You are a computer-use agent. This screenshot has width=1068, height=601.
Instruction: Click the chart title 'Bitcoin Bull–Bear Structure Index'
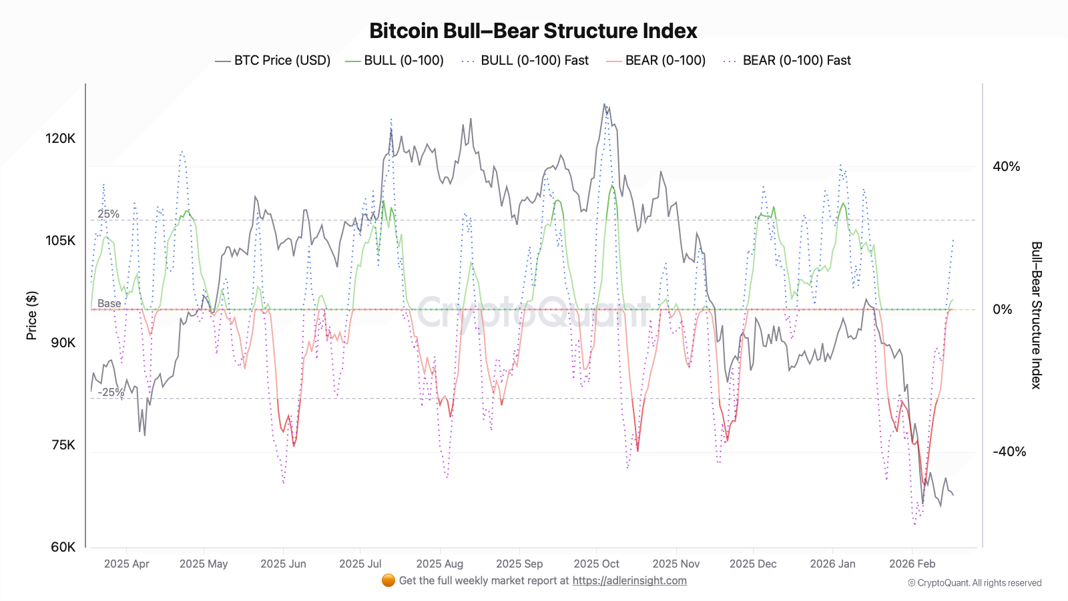point(533,31)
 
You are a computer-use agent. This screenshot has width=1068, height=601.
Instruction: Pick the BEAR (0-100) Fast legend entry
point(787,61)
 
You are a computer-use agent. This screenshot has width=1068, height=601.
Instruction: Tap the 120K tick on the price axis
point(61,138)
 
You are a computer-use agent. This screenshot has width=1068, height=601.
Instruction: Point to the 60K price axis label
point(63,547)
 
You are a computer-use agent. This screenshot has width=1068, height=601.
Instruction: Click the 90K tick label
point(63,343)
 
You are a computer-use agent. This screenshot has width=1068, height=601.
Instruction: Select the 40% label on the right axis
point(1006,167)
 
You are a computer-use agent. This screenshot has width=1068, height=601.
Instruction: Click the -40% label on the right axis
point(1009,452)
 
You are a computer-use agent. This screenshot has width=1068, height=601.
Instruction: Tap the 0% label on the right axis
point(1003,309)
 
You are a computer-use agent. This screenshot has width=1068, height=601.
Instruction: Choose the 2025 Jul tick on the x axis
point(360,564)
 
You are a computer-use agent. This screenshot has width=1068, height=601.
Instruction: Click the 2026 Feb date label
point(912,564)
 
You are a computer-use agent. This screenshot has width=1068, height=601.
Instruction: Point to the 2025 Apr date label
point(126,564)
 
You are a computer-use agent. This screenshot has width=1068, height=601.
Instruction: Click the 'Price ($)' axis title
point(31,315)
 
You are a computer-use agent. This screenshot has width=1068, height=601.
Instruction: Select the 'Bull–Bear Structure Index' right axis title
point(1036,315)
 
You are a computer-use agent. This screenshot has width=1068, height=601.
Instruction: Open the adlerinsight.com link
point(629,581)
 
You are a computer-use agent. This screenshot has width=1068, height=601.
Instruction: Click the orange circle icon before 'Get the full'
point(388,580)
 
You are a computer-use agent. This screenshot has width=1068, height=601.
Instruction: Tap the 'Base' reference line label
point(109,304)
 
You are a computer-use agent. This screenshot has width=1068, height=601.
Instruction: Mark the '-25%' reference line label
point(110,392)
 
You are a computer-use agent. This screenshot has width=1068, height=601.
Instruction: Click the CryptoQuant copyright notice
point(975,583)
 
